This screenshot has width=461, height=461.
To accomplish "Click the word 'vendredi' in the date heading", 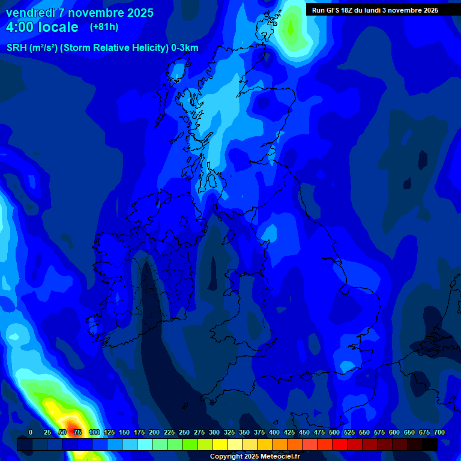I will (31, 13).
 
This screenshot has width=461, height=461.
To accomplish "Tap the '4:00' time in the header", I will (20, 27).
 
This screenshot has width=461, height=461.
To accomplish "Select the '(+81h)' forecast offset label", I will (104, 27).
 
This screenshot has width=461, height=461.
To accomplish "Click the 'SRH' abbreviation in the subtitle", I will (17, 48).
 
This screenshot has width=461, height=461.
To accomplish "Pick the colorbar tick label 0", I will (31, 432).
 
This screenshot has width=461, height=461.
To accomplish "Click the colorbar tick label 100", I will (94, 432).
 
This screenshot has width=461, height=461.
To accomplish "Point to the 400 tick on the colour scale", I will (274, 432).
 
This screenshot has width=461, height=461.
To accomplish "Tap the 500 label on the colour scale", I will (334, 432).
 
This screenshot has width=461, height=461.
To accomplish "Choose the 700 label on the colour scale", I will (439, 432).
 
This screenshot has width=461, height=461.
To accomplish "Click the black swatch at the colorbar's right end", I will (430, 444).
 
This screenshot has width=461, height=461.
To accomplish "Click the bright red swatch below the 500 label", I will (340, 444).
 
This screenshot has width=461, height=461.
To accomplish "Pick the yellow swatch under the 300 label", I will (220, 444).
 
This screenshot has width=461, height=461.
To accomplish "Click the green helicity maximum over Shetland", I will (292, 27).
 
